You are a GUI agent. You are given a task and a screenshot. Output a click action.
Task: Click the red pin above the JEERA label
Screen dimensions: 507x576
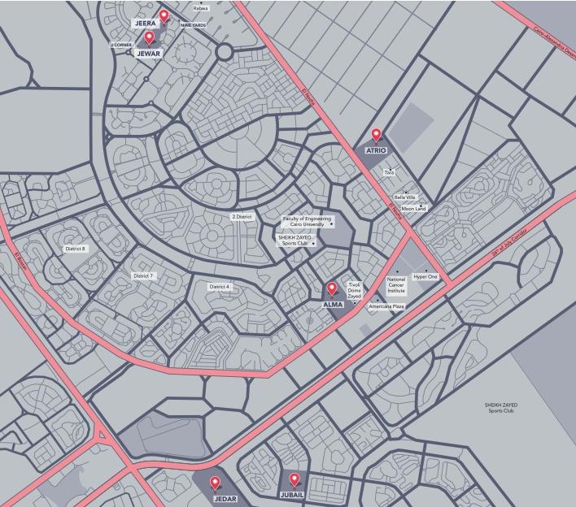coord(164,15)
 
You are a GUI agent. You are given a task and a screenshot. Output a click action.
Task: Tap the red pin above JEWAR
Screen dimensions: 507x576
coord(149,37)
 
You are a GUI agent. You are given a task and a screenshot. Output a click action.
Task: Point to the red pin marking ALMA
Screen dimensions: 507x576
coord(331,288)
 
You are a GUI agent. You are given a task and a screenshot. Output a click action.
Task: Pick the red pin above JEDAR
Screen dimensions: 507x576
coord(215,483)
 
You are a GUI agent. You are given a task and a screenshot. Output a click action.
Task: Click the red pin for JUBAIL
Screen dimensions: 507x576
coord(295,479)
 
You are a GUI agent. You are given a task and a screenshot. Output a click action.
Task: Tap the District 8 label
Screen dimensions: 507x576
coord(76,249)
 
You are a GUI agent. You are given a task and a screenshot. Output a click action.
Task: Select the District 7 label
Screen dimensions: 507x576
coord(143,276)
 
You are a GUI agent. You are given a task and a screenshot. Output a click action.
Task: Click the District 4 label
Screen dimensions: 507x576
coord(220,287)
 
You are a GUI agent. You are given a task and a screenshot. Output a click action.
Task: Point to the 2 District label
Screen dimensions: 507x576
coord(242,217)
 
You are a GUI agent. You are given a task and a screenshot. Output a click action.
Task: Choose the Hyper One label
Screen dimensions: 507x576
coord(425,277)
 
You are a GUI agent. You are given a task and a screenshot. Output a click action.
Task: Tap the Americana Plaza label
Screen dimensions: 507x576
coord(386,306)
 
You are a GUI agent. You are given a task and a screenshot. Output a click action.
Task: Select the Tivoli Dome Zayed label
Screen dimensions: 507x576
coord(354,291)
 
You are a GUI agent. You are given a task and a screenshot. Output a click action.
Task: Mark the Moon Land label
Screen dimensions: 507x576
coord(413,209)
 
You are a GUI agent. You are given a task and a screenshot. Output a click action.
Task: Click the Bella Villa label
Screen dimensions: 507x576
coord(405,197)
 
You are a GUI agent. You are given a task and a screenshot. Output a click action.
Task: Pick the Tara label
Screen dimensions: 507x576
coord(389,172)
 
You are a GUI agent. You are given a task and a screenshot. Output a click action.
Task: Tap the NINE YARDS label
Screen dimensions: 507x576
coord(193,25)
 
